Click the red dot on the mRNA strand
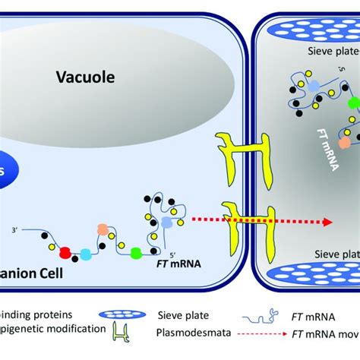(66, 251)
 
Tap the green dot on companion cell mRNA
(136, 251)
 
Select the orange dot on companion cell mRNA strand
(103, 229)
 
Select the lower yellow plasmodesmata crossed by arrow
(230, 223)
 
